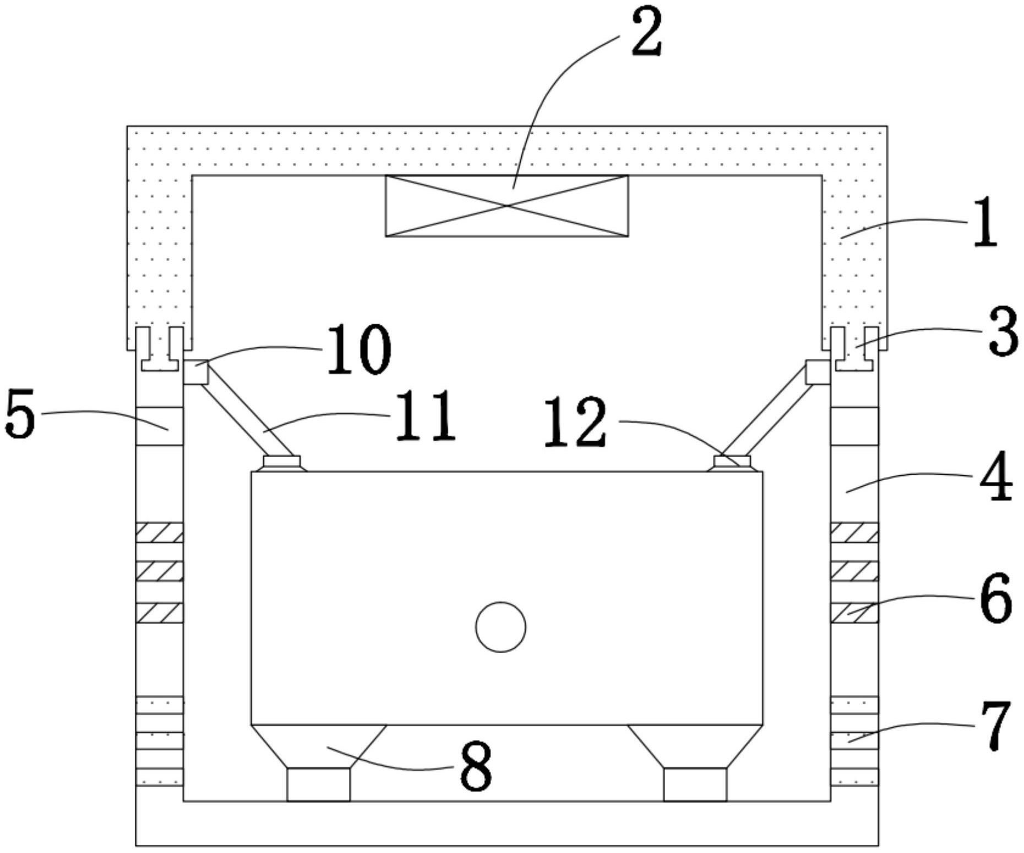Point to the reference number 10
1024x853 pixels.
pyautogui.click(x=359, y=349)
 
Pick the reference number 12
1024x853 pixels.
pyautogui.click(x=575, y=422)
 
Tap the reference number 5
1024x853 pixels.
pyautogui.click(x=20, y=413)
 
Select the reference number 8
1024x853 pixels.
pyautogui.click(x=476, y=767)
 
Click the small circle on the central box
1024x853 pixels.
pyautogui.click(x=500, y=627)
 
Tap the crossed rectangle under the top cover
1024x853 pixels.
pyautogui.click(x=506, y=206)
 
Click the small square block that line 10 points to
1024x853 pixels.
pyautogui.click(x=195, y=372)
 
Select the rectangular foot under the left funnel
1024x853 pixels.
pyautogui.click(x=318, y=784)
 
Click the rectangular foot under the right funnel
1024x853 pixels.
pyautogui.click(x=695, y=784)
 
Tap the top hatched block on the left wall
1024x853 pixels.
pyautogui.click(x=160, y=533)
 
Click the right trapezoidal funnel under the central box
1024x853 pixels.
pyautogui.click(x=695, y=746)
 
